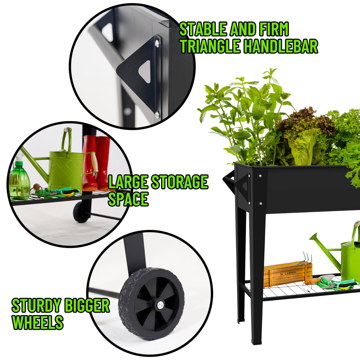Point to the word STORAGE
[x=179, y=182]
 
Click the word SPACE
[x=128, y=199]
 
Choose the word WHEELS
[x=38, y=323]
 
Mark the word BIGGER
[x=87, y=306]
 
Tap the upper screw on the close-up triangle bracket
[x=157, y=44]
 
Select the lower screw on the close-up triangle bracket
[x=157, y=113]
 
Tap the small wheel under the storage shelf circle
[x=81, y=212]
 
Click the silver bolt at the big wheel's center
[x=160, y=305]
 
